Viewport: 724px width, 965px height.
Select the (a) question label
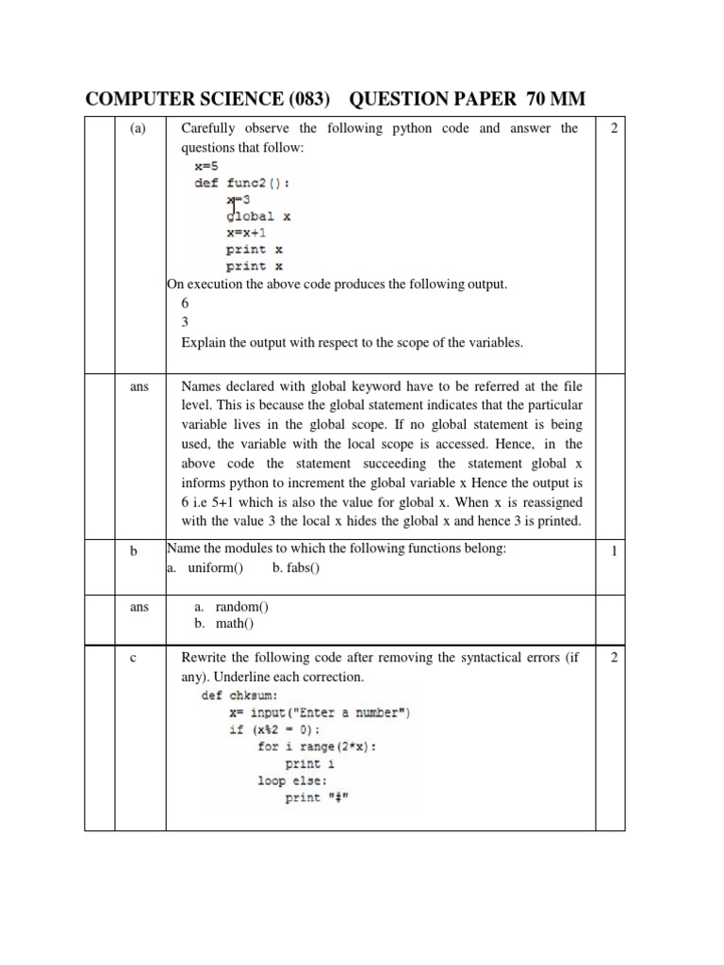[140, 128]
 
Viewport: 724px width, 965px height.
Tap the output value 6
[186, 303]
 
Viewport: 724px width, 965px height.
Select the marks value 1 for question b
[614, 551]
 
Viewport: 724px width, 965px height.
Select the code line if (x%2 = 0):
[288, 729]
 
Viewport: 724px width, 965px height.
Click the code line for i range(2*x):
[316, 746]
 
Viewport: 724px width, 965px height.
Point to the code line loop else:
[292, 781]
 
